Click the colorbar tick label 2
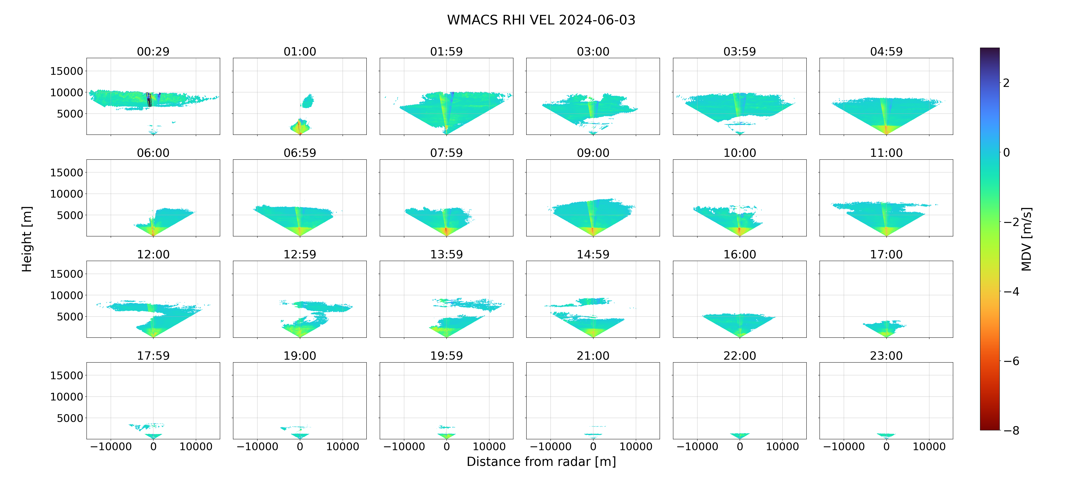1006,83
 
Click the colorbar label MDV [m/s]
1026,239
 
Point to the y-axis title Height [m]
27,239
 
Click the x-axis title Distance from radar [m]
541,462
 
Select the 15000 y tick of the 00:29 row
66,71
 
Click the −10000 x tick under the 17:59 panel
111,447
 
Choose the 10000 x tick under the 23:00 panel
929,447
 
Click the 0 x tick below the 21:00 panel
593,447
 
